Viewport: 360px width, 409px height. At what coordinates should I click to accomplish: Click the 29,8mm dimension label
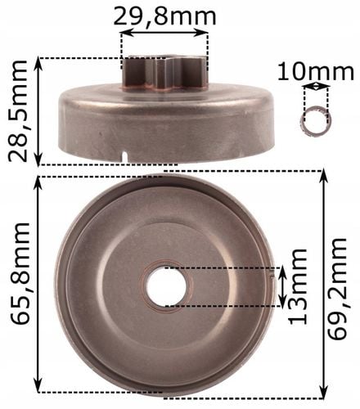(x=164, y=16)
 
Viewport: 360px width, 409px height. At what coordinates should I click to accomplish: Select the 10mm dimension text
(x=316, y=72)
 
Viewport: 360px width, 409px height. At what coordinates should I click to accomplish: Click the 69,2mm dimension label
(x=337, y=289)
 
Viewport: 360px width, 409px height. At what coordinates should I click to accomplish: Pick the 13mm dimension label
(x=298, y=286)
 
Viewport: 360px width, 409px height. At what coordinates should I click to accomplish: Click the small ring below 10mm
(x=316, y=121)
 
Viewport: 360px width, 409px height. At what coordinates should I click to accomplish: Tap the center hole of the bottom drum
(x=166, y=286)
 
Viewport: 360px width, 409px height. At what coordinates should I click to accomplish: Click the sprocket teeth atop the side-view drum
(x=164, y=72)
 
